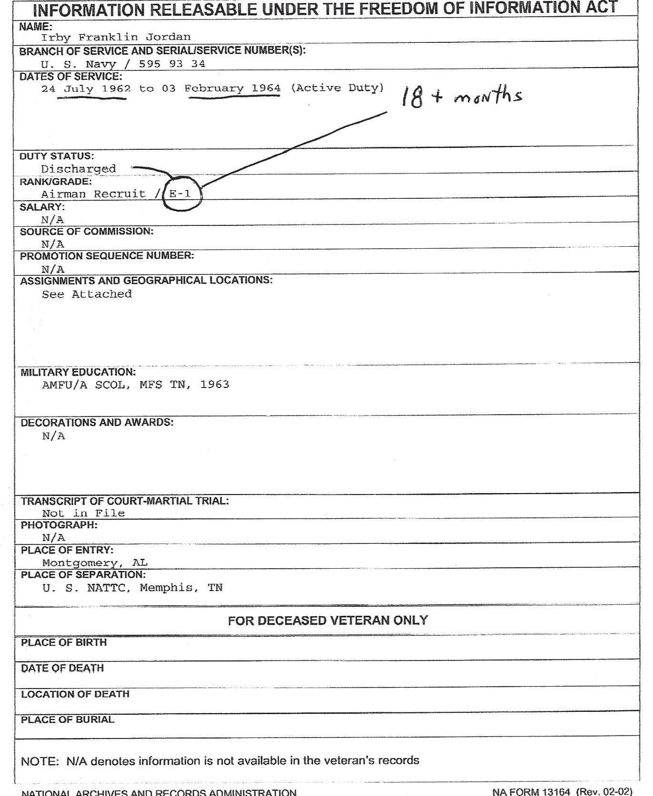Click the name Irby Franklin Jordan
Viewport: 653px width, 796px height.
pyautogui.click(x=116, y=37)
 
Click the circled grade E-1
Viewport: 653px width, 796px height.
pyautogui.click(x=181, y=194)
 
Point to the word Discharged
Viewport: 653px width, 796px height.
pyautogui.click(x=78, y=169)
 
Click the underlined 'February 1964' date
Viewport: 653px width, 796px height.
pyautogui.click(x=232, y=88)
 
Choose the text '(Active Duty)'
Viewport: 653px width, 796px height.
pyautogui.click(x=337, y=88)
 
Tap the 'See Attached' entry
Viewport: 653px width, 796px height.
pyautogui.click(x=86, y=294)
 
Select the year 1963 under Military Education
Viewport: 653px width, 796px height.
pyautogui.click(x=214, y=384)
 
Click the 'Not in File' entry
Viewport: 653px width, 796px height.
pyautogui.click(x=83, y=513)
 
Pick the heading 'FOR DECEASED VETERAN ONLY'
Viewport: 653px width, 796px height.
pyautogui.click(x=328, y=621)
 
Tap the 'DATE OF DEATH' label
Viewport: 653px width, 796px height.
pyautogui.click(x=62, y=668)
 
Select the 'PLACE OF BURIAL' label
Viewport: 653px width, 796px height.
pyautogui.click(x=67, y=719)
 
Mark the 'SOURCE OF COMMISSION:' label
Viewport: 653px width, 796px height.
pyautogui.click(x=86, y=232)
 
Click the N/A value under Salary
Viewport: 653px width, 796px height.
pyautogui.click(x=52, y=220)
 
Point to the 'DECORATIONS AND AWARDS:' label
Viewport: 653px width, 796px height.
pyautogui.click(x=97, y=422)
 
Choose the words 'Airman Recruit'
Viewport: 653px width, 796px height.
pyautogui.click(x=93, y=194)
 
